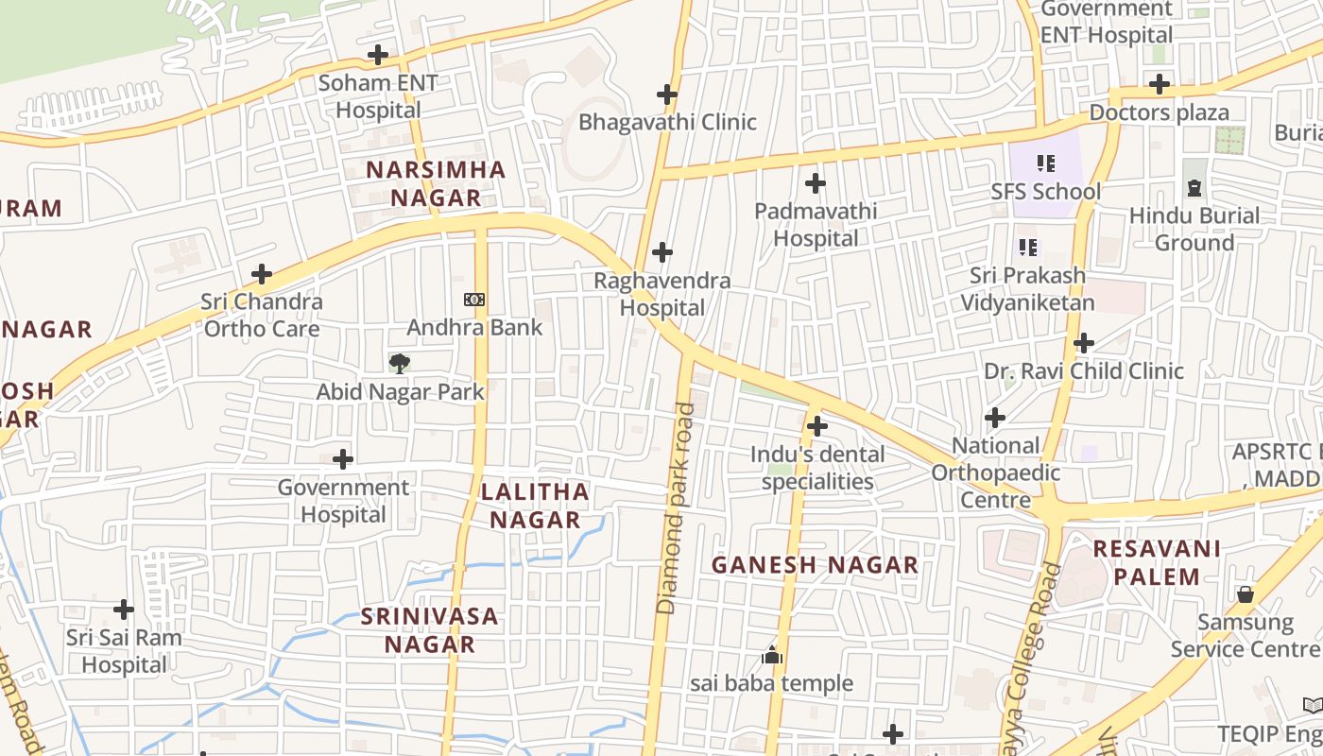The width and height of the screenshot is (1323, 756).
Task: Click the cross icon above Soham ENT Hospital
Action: coord(378,55)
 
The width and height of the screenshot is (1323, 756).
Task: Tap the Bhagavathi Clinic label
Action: coord(667,122)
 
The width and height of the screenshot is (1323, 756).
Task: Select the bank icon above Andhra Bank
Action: coord(474,300)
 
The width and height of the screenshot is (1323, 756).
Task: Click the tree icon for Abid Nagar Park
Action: coord(400,363)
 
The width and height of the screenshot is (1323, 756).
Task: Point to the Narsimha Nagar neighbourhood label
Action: coord(436,184)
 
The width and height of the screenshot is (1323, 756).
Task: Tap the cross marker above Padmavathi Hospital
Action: coord(816,183)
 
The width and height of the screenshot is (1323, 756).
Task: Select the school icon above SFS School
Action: coord(1045,163)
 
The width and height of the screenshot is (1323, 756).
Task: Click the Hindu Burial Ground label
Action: coord(1194,229)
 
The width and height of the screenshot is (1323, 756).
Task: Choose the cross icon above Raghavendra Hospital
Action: coord(662,252)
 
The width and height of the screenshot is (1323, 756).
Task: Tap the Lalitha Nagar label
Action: coord(535,506)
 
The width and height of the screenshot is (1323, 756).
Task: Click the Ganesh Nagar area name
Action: coord(815,565)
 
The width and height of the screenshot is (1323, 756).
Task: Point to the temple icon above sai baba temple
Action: coord(772,655)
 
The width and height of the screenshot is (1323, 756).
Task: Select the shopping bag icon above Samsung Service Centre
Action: coord(1245,594)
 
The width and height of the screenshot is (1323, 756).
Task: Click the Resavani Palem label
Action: coord(1157,562)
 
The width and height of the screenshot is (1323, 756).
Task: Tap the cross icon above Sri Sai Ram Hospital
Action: coord(124,610)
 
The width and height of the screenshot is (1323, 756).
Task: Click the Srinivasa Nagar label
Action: coord(429,630)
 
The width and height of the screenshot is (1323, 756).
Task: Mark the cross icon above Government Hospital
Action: coord(343,459)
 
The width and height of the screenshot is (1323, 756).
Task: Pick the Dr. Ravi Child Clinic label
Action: coord(1084,370)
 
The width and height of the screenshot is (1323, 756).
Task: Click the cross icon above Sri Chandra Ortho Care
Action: coord(262,275)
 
